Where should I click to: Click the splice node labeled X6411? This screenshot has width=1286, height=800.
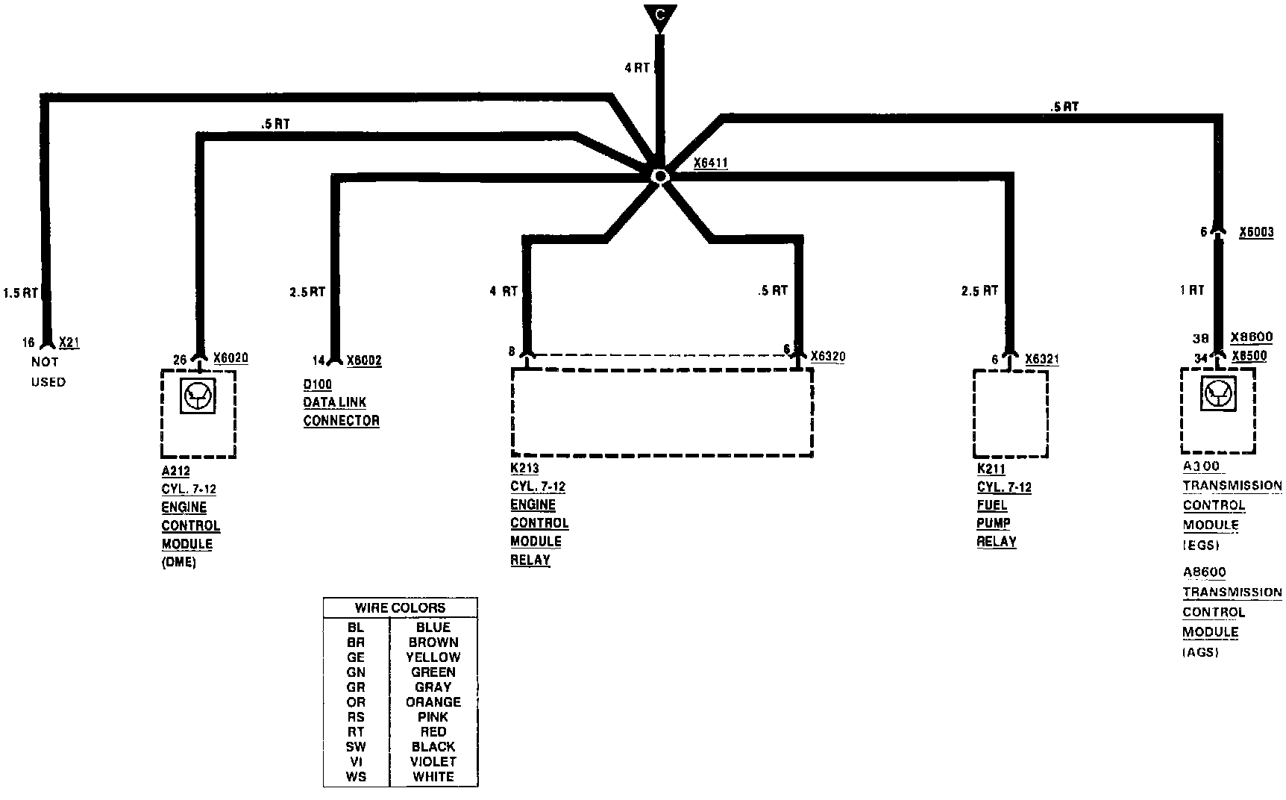[659, 176]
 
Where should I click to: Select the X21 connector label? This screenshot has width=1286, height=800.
[69, 343]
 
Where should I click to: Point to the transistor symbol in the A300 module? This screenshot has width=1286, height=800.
[1219, 393]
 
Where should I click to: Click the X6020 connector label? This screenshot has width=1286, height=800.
[230, 358]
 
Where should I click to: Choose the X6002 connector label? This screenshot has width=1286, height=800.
[364, 361]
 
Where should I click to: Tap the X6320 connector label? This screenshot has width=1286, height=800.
[828, 357]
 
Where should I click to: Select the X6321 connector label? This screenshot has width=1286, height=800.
[1042, 360]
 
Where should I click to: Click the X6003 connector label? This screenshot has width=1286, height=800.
[1256, 233]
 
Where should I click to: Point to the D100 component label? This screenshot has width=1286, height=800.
[317, 384]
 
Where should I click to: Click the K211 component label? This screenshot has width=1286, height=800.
[991, 469]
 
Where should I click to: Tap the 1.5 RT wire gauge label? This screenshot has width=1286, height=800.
[20, 293]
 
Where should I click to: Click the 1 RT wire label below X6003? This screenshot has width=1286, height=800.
[1192, 290]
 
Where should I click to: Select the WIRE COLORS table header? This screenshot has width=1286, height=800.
[400, 607]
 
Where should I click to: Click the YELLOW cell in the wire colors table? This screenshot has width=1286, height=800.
[433, 657]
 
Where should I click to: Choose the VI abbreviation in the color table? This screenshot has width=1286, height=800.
[356, 762]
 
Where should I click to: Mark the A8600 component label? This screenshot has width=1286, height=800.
[1204, 572]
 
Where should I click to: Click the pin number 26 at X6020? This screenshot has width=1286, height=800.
[180, 360]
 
